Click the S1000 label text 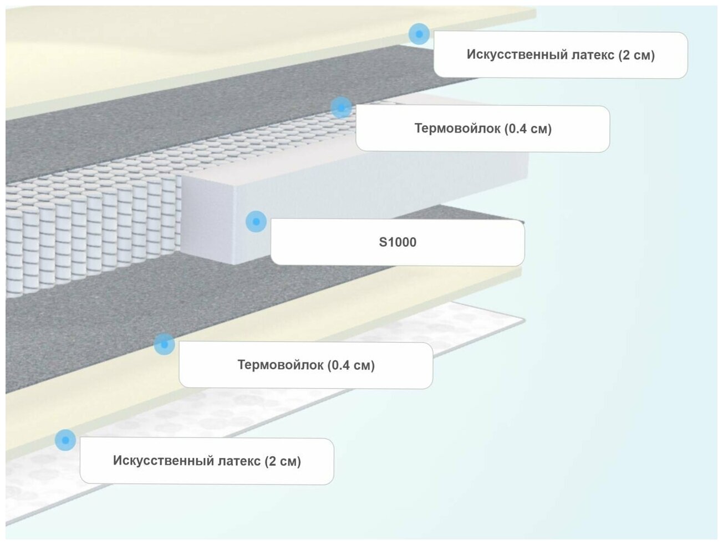pos(398,242)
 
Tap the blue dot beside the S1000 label pos(256,221)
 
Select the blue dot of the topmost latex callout pos(419,34)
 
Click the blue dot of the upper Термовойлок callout pos(341,107)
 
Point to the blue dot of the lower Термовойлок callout pos(164,344)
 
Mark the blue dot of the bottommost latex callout pos(65,440)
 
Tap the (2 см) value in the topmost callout pos(637,55)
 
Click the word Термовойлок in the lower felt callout pos(280,365)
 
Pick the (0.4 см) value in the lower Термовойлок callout pos(351,365)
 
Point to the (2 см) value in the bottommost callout pos(283,461)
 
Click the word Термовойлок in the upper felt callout pos(457,129)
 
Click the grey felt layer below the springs pos(83,333)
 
